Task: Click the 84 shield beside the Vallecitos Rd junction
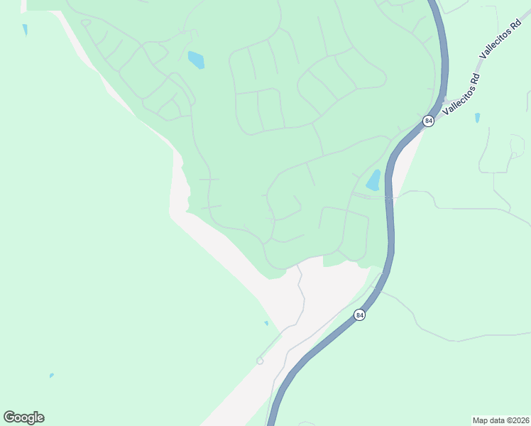(x=428, y=121)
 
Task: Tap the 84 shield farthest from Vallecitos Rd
(x=360, y=315)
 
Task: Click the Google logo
(x=23, y=417)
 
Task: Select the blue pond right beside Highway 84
(x=373, y=180)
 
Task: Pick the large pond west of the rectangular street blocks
(x=196, y=60)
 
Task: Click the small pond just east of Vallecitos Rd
(x=477, y=117)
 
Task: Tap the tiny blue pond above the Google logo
(x=52, y=376)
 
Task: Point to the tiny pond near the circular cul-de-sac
(x=267, y=323)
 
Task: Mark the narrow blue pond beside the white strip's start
(x=25, y=30)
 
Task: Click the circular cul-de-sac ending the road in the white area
(x=260, y=361)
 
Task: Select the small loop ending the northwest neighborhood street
(x=86, y=22)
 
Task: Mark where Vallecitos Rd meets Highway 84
(x=439, y=106)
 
